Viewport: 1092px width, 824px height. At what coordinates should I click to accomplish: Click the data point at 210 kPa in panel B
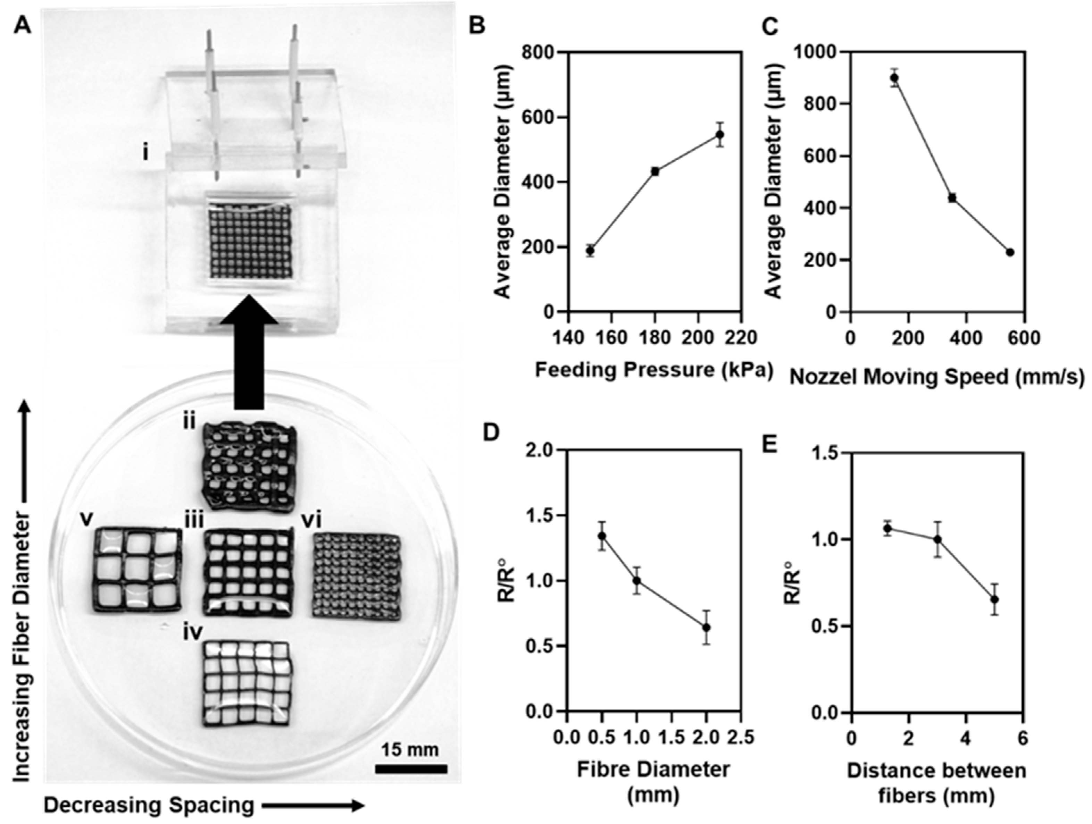pyautogui.click(x=720, y=134)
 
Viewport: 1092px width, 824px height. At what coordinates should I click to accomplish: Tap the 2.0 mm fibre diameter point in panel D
pyautogui.click(x=707, y=627)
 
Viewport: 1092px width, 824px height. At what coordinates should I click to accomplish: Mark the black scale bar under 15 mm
pyautogui.click(x=411, y=769)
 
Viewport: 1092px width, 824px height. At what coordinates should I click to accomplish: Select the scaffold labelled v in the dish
pyautogui.click(x=137, y=570)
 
